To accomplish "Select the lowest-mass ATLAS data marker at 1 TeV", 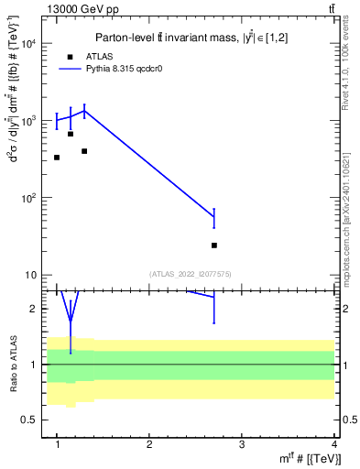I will point(57,158).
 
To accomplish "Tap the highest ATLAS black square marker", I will point(71,134).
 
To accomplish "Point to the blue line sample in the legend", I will point(71,69).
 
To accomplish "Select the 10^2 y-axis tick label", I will point(29,198).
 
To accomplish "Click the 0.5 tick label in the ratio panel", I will point(31,420).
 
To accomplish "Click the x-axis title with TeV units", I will point(299,458).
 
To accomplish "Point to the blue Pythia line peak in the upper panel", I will point(84,111).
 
